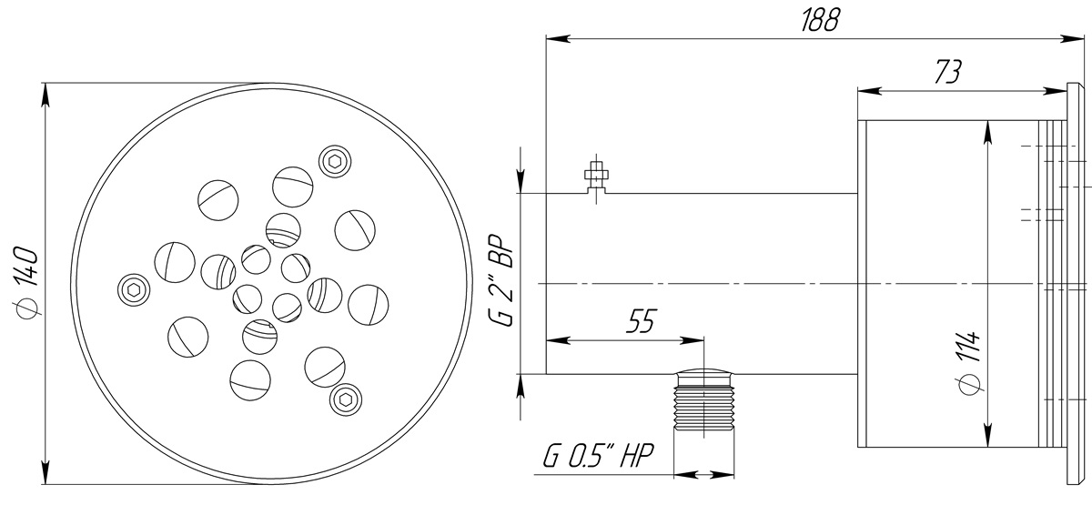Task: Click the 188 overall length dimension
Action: tap(821, 21)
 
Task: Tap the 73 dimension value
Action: tap(947, 73)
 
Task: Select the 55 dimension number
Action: tap(641, 320)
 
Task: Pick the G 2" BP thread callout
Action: tap(500, 283)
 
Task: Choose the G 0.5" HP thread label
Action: tap(597, 455)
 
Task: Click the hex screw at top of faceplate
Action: tap(335, 161)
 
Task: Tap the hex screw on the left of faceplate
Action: tap(134, 290)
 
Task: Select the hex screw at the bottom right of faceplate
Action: tap(346, 400)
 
